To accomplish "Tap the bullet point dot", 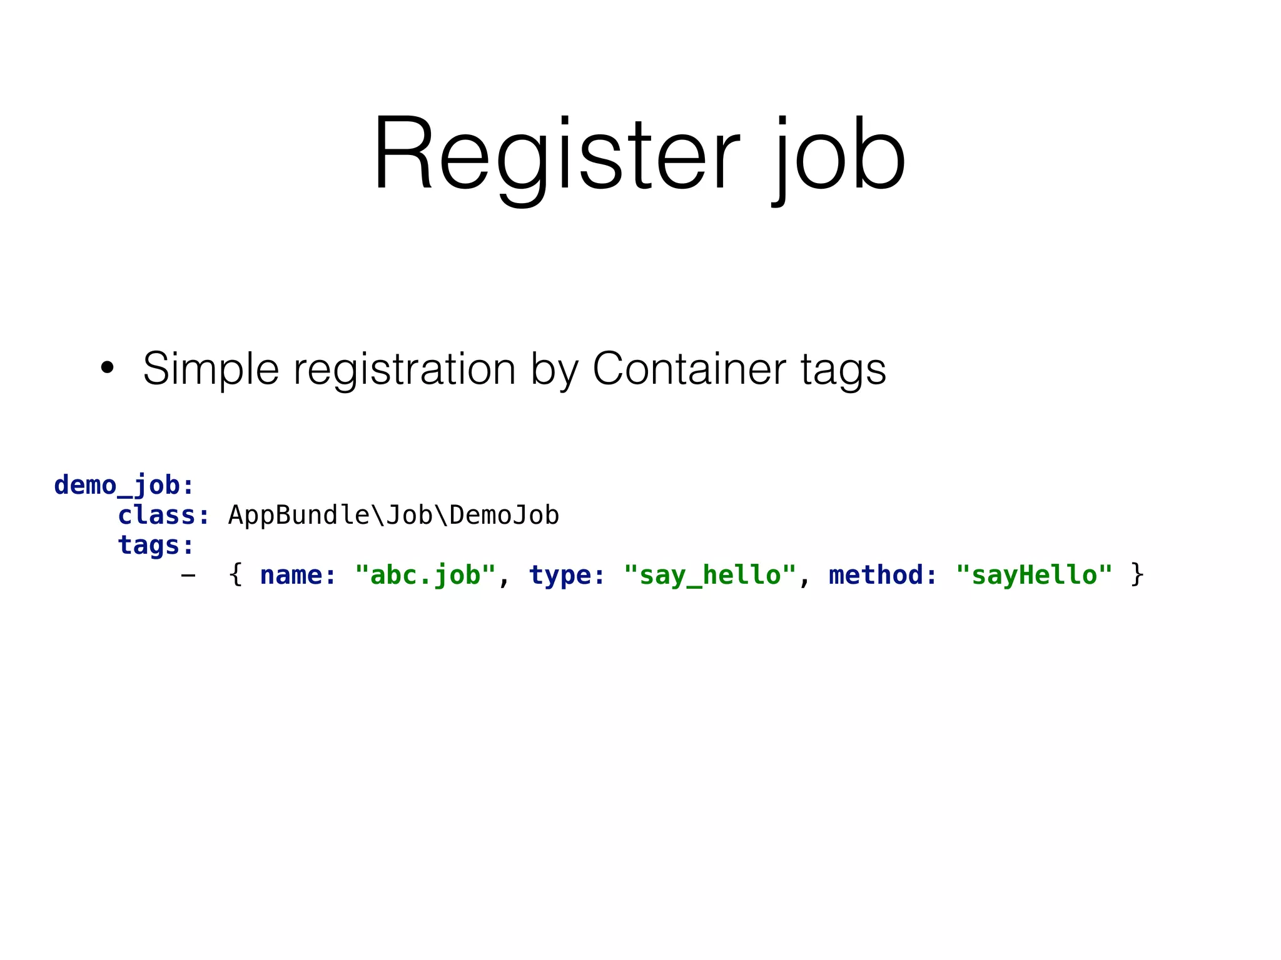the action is click(108, 368).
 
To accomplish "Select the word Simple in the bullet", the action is click(211, 369).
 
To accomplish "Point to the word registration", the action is click(405, 369).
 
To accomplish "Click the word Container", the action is click(689, 369).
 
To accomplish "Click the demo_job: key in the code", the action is click(124, 485).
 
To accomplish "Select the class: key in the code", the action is click(164, 515).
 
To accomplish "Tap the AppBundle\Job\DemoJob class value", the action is click(393, 515).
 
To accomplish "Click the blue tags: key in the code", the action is click(156, 545).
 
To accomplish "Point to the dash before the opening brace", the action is click(188, 575).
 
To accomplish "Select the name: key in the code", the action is click(298, 575).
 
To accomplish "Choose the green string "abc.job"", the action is click(425, 575).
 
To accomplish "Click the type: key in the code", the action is click(567, 575).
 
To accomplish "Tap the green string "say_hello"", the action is click(711, 575).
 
